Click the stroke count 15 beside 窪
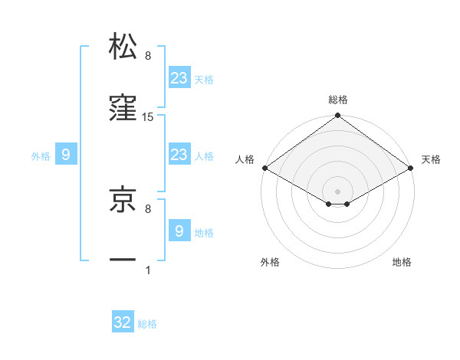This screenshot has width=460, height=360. coord(148,117)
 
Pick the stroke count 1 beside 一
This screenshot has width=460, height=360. coord(148,270)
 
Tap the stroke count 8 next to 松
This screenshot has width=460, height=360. coord(148,55)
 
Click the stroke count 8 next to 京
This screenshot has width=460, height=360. coord(148,207)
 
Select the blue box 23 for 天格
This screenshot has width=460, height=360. coord(179,77)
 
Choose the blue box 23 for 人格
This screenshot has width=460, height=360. coord(179,155)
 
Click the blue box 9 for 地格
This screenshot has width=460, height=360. coord(179,231)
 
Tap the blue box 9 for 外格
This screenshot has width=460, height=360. coord(66,155)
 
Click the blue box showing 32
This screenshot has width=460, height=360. coord(123,322)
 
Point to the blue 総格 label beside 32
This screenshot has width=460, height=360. coord(147,324)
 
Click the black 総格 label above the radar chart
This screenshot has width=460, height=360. coord(338,100)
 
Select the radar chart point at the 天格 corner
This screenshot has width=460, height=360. coord(412,168)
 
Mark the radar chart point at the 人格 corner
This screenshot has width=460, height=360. coord(264,168)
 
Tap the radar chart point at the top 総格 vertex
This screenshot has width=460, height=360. coord(338,116)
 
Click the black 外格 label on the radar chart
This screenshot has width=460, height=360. coord(270,262)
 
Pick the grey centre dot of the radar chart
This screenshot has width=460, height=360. coord(338,190)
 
